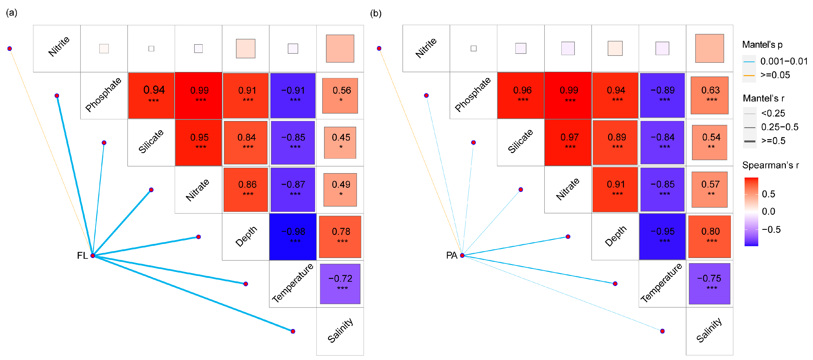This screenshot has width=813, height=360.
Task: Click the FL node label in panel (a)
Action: (82, 255)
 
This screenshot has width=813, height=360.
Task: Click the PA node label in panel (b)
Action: (451, 255)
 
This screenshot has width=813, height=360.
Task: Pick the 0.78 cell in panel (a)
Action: (340, 237)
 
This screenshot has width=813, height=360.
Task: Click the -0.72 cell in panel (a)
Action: (340, 284)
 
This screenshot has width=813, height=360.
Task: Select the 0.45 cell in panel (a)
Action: (340, 143)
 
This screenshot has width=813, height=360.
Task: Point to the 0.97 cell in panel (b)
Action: (568, 142)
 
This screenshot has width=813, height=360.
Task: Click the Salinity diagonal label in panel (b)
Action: (709, 330)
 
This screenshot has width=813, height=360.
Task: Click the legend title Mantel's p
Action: (762, 45)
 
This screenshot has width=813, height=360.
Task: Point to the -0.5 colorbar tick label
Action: (771, 229)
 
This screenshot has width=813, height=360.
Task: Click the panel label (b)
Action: (376, 13)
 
